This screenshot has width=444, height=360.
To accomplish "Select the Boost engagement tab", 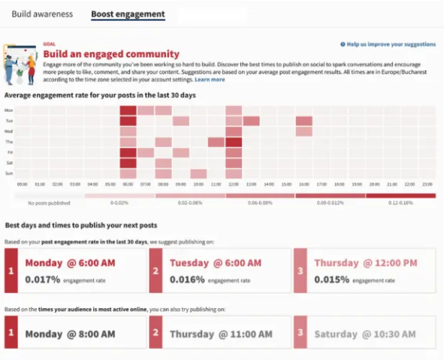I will pyautogui.click(x=127, y=14).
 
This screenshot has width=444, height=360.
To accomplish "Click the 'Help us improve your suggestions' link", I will pyautogui.click(x=391, y=45).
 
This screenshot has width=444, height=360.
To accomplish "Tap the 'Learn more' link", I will pyautogui.click(x=210, y=79).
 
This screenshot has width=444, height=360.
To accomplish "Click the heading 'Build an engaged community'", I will pyautogui.click(x=111, y=54).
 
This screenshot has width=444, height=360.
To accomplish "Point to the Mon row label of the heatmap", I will pyautogui.click(x=9, y=110).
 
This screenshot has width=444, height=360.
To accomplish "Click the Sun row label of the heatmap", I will pyautogui.click(x=9, y=173).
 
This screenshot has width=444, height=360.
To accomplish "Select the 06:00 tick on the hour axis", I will pyautogui.click(x=128, y=183).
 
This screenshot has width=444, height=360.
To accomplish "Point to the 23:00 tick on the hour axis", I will pyautogui.click(x=426, y=183).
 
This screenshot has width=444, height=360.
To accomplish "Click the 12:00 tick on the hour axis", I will pyautogui.click(x=234, y=183).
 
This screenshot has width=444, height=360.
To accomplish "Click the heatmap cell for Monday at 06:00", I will pyautogui.click(x=128, y=110).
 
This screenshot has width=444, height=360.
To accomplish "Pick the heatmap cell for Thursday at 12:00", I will pyautogui.click(x=234, y=142).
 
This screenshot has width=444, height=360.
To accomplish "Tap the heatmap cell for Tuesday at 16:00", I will pyautogui.click(x=304, y=121).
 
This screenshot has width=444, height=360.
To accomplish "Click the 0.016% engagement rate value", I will pyautogui.click(x=189, y=279).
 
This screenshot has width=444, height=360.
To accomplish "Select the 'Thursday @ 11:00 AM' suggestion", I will pyautogui.click(x=220, y=333).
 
